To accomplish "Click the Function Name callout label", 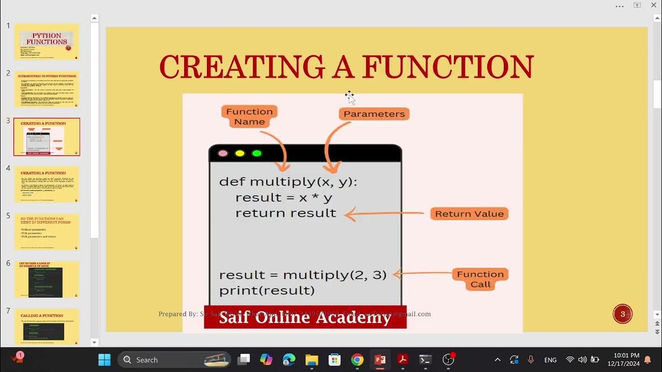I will point(249,116).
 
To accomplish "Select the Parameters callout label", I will point(374,114).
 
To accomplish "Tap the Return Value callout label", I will point(469,214).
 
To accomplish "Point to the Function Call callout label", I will point(480,279).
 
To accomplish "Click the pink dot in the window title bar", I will point(223,153).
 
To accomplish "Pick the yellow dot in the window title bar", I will point(239,153).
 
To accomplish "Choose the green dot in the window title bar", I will point(257,153).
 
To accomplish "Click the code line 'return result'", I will point(285,213).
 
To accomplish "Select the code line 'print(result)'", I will point(267,290).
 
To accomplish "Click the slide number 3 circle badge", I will point(623,314).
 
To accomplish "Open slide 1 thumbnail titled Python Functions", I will point(47,42).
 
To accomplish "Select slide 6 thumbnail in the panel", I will point(47,280).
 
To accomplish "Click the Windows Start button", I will point(104,360).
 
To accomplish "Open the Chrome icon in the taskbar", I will point(357,360).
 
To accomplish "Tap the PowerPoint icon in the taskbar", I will point(380,360).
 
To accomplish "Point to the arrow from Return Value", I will point(385,213).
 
